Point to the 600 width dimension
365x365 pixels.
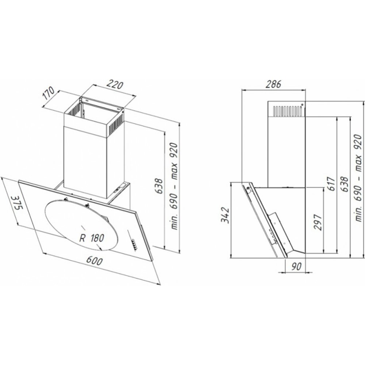pos(94,261)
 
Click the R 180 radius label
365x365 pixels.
pos(92,238)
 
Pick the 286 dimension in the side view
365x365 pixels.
pos(273,84)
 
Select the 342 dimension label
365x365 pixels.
pos(225,215)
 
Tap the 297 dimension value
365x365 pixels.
pos(318,222)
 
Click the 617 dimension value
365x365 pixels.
pos(332,184)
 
